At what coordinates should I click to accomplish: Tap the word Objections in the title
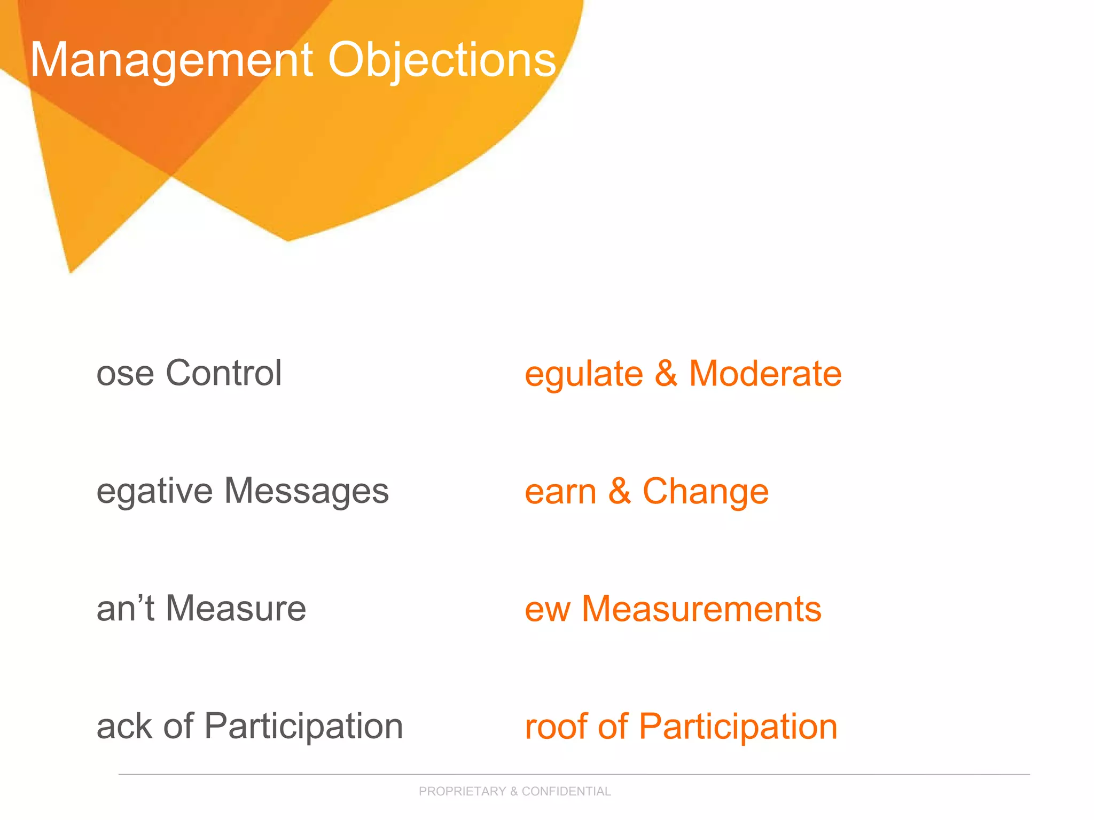click(442, 60)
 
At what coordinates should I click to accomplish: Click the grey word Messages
click(306, 491)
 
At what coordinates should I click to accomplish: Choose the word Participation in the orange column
click(738, 727)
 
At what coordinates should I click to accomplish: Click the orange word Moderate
click(765, 373)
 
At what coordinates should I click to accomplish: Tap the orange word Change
click(705, 491)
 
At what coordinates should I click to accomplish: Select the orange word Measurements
click(701, 609)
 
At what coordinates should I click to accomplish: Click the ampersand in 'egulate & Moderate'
click(666, 373)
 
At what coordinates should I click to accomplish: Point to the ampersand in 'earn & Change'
click(620, 491)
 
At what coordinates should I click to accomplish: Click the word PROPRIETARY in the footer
click(462, 791)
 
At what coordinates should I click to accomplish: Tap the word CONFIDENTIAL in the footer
click(566, 791)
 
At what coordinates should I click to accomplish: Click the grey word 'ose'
click(125, 374)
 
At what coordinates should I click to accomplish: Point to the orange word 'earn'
click(560, 492)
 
